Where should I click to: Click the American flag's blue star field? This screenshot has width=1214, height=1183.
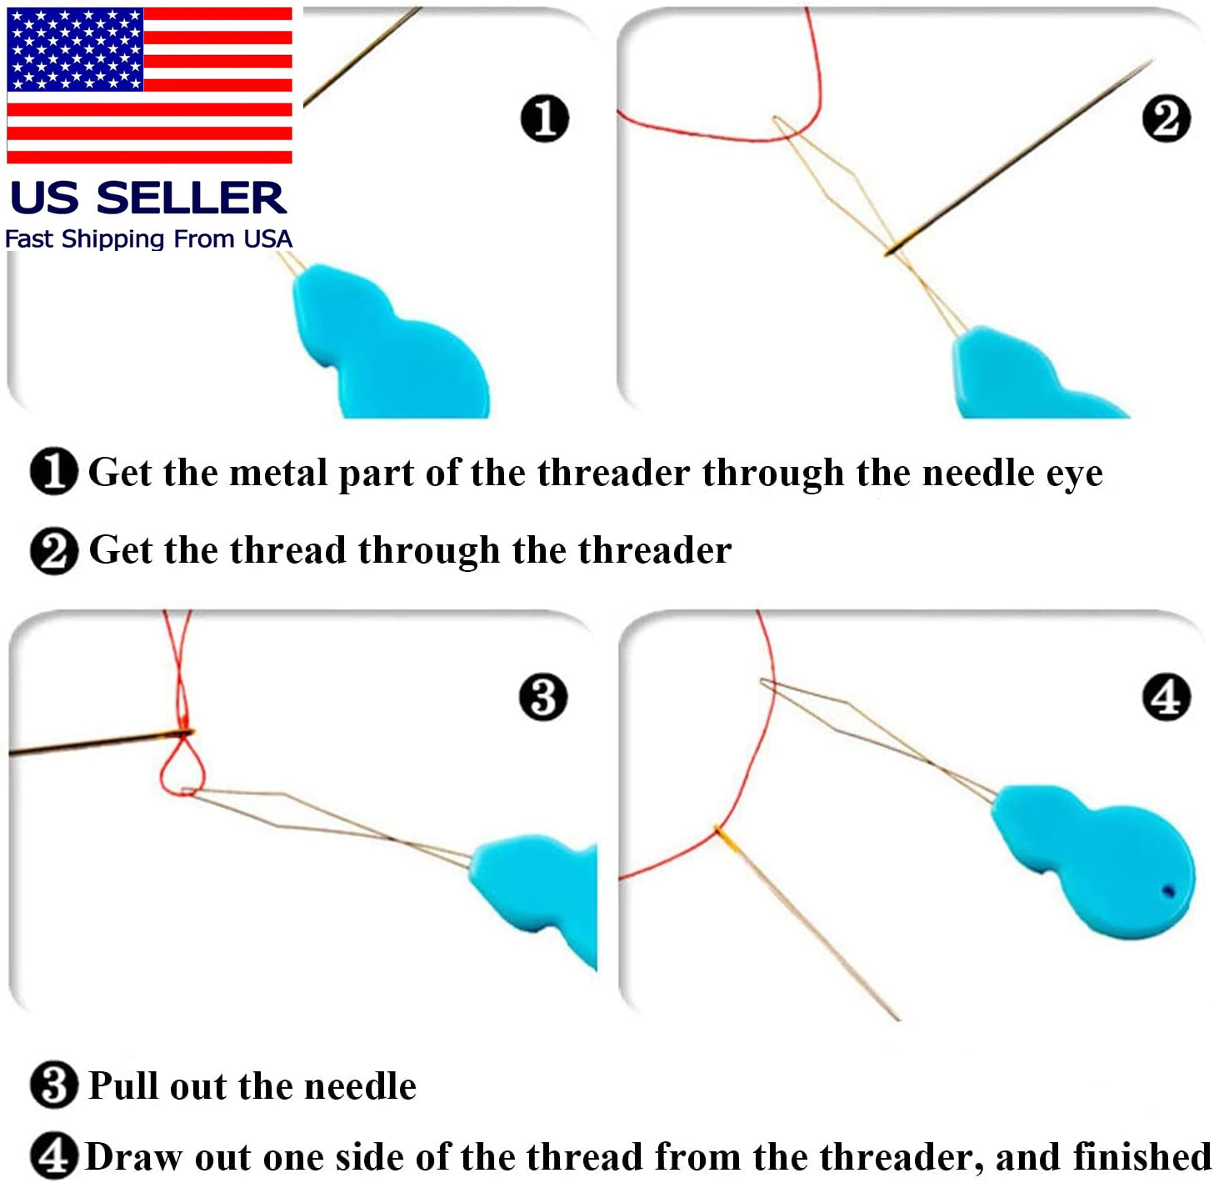pos(75,49)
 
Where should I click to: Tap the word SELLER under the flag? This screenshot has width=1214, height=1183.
pos(192,198)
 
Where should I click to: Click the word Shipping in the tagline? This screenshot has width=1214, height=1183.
pos(113,239)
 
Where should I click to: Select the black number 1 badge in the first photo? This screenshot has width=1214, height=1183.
pos(544,118)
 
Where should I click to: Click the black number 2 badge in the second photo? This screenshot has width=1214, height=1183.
pos(1166,118)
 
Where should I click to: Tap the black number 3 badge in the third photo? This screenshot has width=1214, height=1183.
pos(542,697)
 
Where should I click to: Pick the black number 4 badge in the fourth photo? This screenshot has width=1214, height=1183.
pos(1166,697)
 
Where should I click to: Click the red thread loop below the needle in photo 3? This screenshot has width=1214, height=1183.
pos(182,767)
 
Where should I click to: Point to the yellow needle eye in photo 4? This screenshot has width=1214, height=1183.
pos(727,839)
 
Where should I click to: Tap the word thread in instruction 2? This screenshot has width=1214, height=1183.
pos(287,550)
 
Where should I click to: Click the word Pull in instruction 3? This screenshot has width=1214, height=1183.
pos(124,1085)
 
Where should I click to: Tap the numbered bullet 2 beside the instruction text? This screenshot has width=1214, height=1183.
pos(53,550)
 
